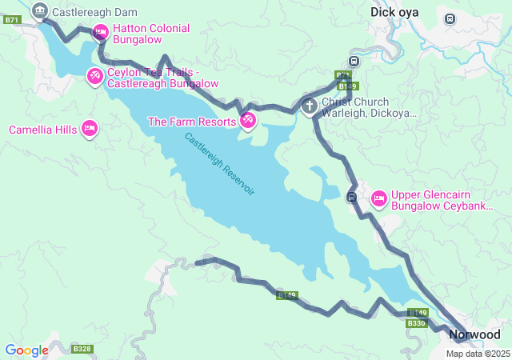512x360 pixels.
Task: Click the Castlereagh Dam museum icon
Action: point(39,11)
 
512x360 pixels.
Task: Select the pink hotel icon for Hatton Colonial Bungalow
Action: point(101,32)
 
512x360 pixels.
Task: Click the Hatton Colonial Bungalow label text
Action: point(151,34)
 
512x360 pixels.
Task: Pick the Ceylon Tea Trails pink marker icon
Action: point(94,76)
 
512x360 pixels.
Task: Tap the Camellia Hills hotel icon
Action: point(90,129)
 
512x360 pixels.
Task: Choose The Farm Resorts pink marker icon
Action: point(248,121)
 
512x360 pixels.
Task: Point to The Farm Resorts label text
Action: point(192,122)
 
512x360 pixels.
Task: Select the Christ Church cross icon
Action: point(310,106)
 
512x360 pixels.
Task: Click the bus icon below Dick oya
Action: point(450,18)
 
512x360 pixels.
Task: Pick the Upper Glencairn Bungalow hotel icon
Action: point(378,197)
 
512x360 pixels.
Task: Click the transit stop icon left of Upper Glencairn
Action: point(351,197)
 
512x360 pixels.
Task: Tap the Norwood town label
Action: point(474,334)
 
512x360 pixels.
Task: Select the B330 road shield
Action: point(416,323)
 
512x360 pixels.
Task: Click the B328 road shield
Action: point(82,349)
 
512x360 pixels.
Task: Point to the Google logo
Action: point(26,350)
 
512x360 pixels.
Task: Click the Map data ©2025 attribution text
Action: point(478,354)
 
